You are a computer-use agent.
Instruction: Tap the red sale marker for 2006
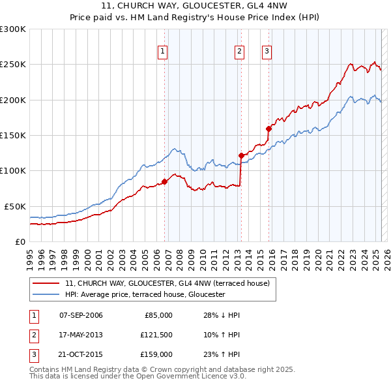(x=164, y=181)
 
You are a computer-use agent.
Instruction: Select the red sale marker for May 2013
(x=241, y=155)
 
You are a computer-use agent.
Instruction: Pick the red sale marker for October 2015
(x=268, y=129)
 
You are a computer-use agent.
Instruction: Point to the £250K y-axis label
(x=13, y=65)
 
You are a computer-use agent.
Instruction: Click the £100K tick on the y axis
(x=13, y=170)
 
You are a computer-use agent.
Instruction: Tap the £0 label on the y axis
(x=20, y=241)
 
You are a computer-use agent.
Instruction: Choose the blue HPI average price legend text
(x=145, y=294)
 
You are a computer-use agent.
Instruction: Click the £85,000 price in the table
(x=158, y=315)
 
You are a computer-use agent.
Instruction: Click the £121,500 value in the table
(x=156, y=335)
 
